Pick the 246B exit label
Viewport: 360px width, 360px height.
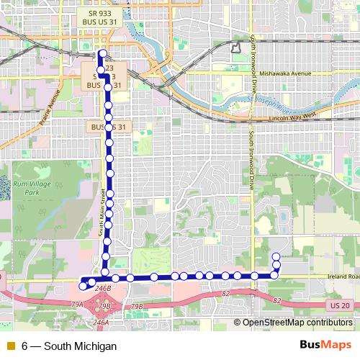[x=102, y=288]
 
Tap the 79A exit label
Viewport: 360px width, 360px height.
[x=77, y=305]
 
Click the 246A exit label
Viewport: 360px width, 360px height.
[x=101, y=323]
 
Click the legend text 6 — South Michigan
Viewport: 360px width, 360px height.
[x=69, y=346]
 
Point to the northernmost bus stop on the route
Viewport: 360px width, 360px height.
[x=102, y=53]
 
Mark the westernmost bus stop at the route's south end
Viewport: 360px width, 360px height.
[x=82, y=286]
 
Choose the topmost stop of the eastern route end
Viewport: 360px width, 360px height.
[x=276, y=256]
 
